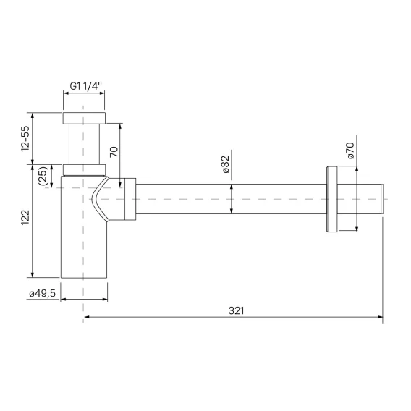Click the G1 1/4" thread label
coord(85,86)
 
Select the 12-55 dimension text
coord(25,138)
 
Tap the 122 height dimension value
coord(25,217)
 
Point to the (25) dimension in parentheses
coord(43,176)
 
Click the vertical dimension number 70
coord(114,152)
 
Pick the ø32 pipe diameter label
coord(226,164)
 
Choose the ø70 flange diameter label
coord(351,151)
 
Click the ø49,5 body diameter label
coord(42,294)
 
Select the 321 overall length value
coord(236,310)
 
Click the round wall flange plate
coord(332,199)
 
